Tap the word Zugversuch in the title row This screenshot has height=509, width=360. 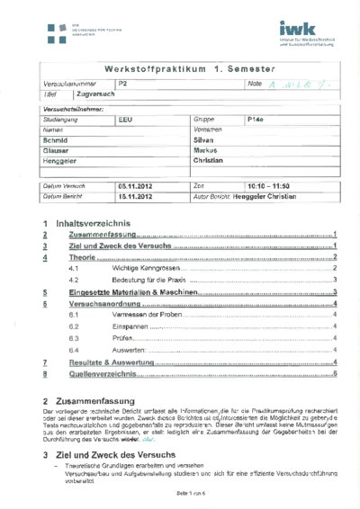tap(95, 94)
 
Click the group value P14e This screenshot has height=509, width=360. tap(258, 119)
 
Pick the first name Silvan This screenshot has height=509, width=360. tap(207, 140)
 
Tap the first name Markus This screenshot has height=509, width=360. tap(208, 151)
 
